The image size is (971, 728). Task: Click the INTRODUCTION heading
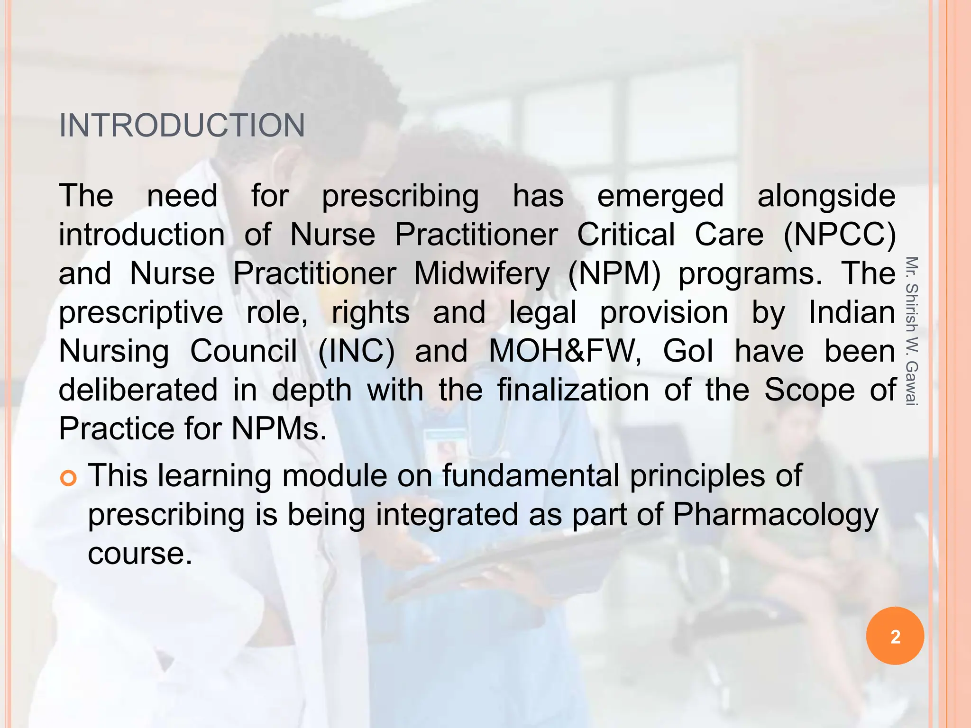coord(182,126)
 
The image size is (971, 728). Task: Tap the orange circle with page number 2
coord(895,636)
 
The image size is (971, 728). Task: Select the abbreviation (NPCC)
coord(839,235)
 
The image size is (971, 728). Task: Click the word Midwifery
coord(482,274)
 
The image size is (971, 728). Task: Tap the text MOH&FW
coord(565,351)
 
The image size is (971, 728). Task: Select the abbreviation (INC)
coord(356,351)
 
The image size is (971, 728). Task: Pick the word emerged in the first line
coord(660,196)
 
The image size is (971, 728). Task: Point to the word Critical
coord(625,235)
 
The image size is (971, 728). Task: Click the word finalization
coord(573,390)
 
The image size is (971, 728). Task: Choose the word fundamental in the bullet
coord(531,476)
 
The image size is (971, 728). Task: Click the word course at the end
coord(140,554)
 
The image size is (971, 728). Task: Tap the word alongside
coord(826,196)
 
